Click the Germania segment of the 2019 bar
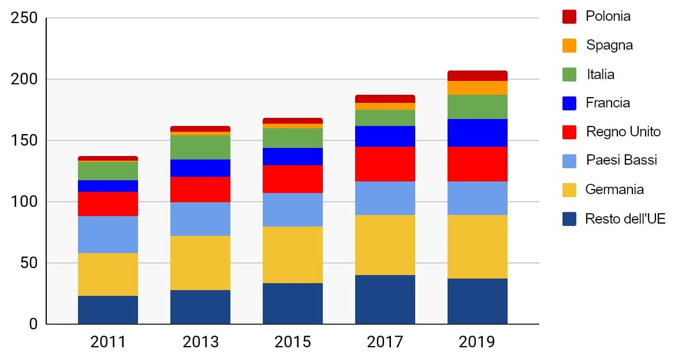[x=477, y=247]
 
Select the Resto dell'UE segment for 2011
[x=108, y=310]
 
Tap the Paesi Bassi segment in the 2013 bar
[x=200, y=219]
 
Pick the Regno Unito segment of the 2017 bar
[x=385, y=164]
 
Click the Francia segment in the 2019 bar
[x=477, y=133]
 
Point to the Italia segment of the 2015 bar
[x=293, y=138]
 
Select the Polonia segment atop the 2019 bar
[x=477, y=76]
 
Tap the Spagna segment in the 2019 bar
[x=477, y=88]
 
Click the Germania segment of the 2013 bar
[x=200, y=263]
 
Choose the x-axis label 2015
[x=293, y=342]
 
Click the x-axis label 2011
[x=108, y=342]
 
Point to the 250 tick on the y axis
[x=24, y=18]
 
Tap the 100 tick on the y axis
[x=24, y=202]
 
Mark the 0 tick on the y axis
[x=32, y=324]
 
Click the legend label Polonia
[x=608, y=16]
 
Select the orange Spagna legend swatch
[x=569, y=46]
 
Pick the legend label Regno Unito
[x=623, y=132]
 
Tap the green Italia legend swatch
[x=569, y=75]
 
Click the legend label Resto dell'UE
[x=625, y=219]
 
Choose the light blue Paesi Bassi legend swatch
[x=569, y=161]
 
